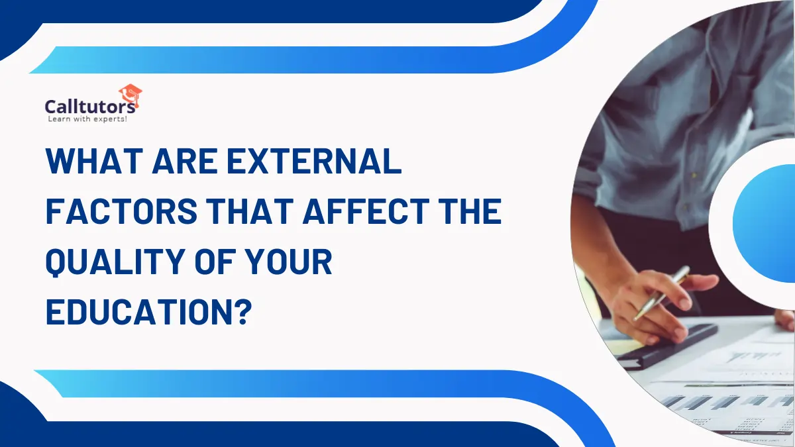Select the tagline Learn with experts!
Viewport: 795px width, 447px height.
coord(87,119)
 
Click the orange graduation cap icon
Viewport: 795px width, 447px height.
coord(130,95)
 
